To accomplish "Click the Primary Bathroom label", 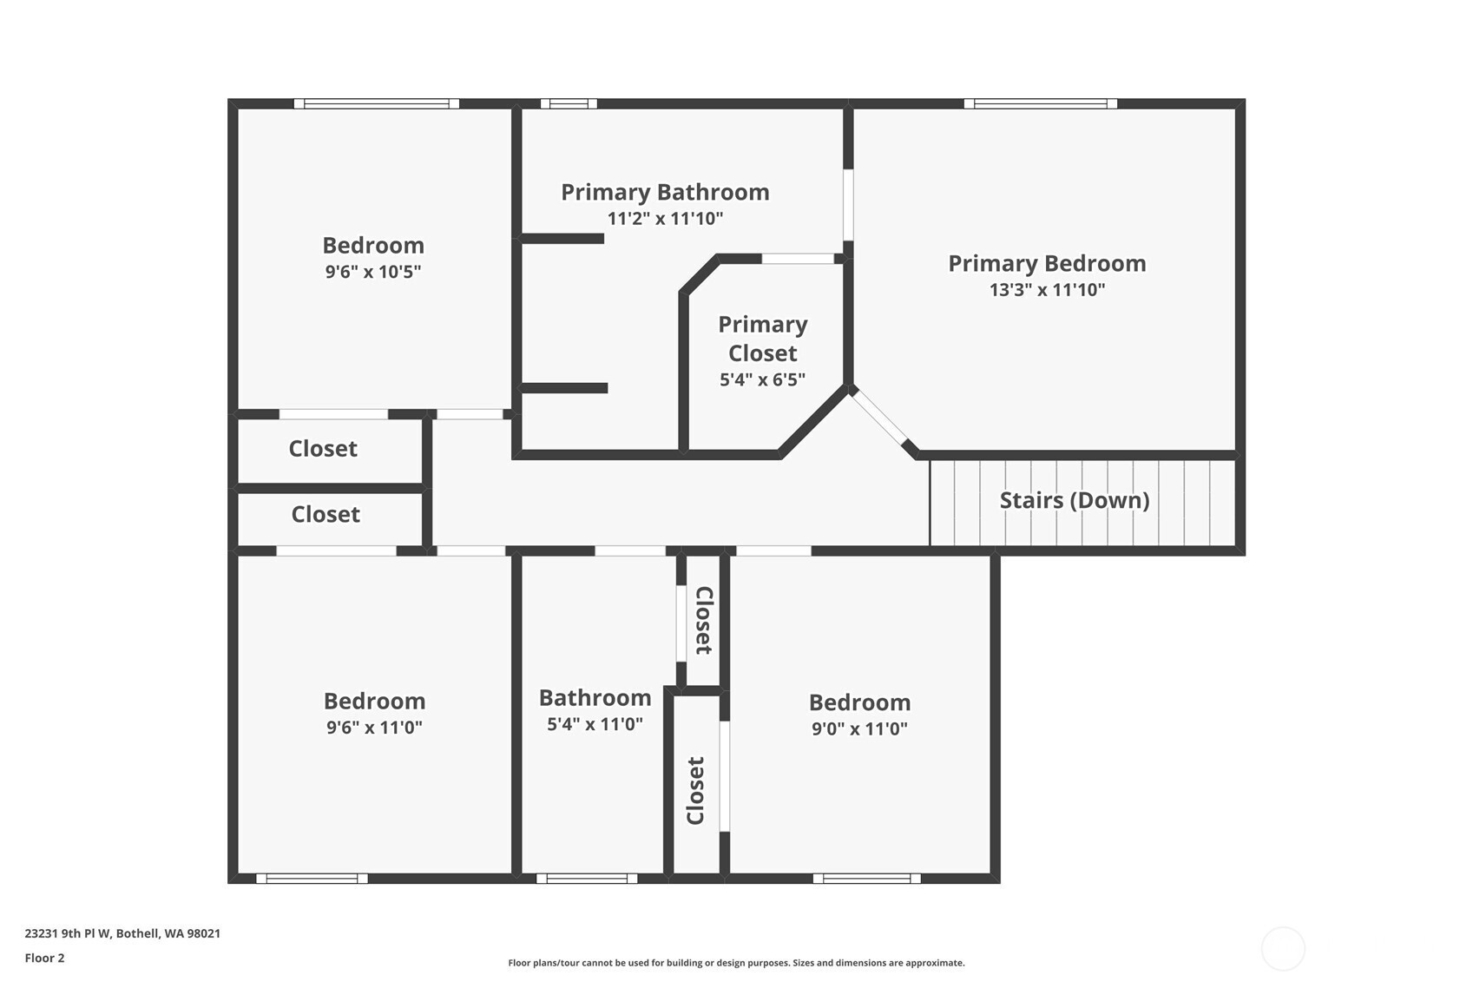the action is click(x=665, y=192).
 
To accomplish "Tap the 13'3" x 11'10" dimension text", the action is click(x=1047, y=289).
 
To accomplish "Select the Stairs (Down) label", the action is click(x=1075, y=500).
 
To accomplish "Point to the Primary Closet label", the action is click(x=763, y=339).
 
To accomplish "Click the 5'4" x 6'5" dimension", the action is click(x=762, y=379).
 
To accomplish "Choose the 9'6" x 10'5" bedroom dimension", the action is click(x=373, y=272).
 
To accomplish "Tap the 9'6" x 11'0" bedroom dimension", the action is click(x=374, y=728).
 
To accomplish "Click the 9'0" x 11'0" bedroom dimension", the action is click(x=859, y=728).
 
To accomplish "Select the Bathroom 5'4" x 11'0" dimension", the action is click(x=595, y=724).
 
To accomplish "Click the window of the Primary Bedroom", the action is click(x=1041, y=103).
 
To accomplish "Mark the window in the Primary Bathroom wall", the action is click(x=569, y=103).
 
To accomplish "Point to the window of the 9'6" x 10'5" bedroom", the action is click(x=376, y=103).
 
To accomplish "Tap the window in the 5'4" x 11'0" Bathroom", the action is click(x=587, y=878).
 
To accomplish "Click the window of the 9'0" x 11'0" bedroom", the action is click(x=867, y=878).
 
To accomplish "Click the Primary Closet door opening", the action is click(x=798, y=259).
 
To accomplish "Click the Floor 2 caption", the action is click(x=45, y=958).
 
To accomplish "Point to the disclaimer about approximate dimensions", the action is click(x=736, y=963).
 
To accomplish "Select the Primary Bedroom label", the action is click(x=1047, y=263).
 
